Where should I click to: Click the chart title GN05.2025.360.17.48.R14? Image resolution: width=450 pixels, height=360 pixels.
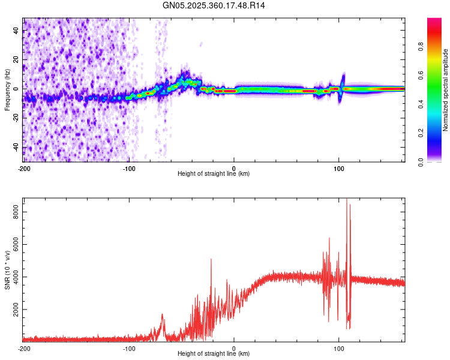coord(214,5)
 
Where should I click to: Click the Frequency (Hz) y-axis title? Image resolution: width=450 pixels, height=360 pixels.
coord(7,90)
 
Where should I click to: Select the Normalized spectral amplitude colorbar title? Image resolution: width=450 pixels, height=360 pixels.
coord(445,90)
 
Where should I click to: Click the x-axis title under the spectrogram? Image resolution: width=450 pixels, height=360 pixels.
coord(214,173)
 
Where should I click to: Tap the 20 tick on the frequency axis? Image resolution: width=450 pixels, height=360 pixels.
coord(16,59)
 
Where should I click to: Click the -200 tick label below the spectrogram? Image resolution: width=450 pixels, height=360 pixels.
coord(24,167)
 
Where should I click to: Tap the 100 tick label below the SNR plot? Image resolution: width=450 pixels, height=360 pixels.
coord(339,347)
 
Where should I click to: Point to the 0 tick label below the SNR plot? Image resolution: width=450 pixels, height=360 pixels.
coord(234,347)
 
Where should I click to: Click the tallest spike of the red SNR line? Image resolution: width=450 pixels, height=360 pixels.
coord(347,200)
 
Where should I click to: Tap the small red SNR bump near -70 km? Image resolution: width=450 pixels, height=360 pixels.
coord(161,314)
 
